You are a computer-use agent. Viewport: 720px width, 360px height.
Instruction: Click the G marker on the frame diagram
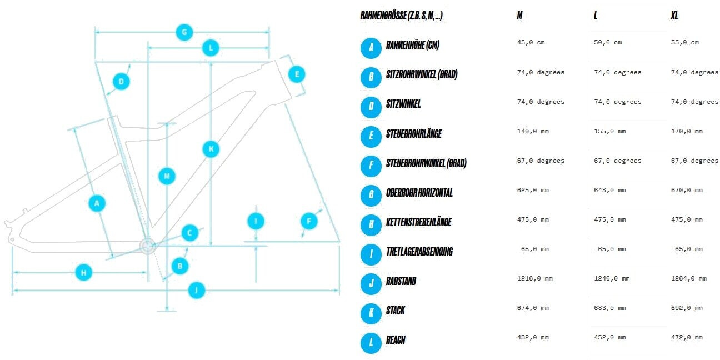tap(184, 32)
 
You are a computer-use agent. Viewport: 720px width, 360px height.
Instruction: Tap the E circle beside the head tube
tap(297, 74)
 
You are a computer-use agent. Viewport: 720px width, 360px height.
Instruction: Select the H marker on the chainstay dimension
tap(83, 272)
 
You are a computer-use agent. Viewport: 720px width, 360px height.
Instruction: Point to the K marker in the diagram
tap(211, 149)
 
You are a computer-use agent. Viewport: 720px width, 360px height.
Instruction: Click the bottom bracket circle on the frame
tap(148, 246)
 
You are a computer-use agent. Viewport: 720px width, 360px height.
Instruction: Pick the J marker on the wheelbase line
tap(197, 290)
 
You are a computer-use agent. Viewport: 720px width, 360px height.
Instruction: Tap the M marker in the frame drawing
tap(167, 177)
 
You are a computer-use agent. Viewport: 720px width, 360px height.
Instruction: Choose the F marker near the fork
tap(309, 222)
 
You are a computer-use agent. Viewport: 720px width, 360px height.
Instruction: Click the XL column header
tap(674, 16)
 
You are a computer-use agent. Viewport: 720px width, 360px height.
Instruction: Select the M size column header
tap(519, 16)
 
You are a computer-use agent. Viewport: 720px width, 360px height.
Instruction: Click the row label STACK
tap(396, 311)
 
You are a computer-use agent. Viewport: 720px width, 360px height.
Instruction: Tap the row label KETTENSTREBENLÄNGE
tap(418, 222)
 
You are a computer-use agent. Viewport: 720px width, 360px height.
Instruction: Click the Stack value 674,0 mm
tap(532, 308)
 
